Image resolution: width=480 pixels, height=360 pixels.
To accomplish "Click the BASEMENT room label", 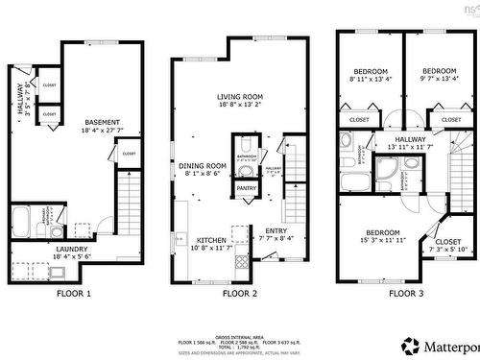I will pos(102,122).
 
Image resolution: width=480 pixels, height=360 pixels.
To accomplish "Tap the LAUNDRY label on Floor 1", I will pos(73,250).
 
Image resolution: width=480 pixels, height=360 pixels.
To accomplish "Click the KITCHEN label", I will pos(211,240).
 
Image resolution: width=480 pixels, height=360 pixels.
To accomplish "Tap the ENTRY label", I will pos(276,230).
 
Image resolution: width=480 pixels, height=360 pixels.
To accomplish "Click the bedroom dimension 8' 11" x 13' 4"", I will pos(370,81).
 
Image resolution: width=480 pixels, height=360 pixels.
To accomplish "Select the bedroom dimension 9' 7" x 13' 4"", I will pos(440,81).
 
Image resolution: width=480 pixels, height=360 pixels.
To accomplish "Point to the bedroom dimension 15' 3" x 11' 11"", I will pos(382,240).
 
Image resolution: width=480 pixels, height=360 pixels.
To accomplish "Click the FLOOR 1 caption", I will pos(74,293).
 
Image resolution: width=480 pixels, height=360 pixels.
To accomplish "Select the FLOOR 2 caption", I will pos(240,293).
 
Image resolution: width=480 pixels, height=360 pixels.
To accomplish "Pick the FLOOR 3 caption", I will pos(400,293).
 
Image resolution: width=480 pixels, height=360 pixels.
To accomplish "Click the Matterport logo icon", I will pos(410,344).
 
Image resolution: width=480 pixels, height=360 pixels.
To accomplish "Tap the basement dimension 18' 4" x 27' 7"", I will pos(102,131).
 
